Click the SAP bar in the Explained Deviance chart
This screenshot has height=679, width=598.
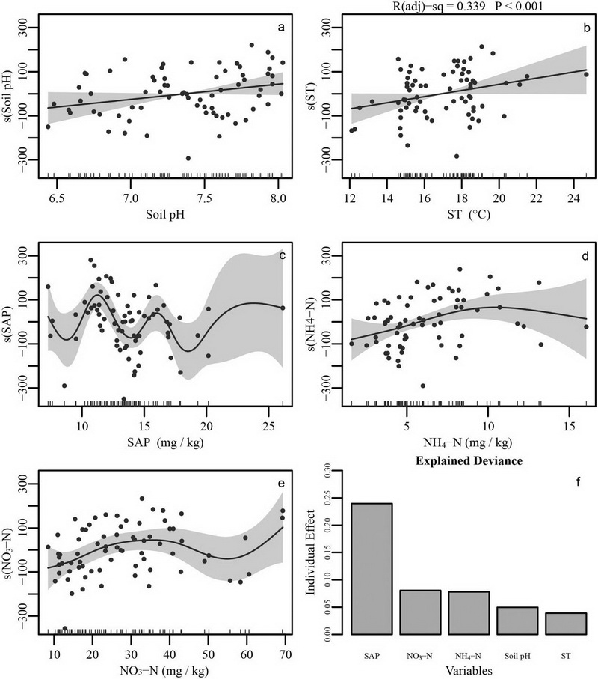pyautogui.click(x=372, y=568)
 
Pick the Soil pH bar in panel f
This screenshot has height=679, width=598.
pyautogui.click(x=517, y=620)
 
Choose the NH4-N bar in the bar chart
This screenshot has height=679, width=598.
pyautogui.click(x=469, y=612)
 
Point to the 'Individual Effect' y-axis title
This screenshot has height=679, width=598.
pyautogui.click(x=312, y=552)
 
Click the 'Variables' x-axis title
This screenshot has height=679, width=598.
pyautogui.click(x=468, y=669)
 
